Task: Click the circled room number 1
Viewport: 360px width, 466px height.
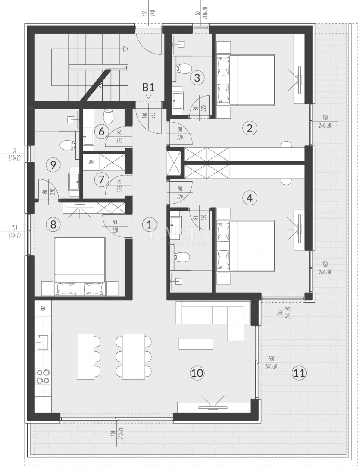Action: click(149, 224)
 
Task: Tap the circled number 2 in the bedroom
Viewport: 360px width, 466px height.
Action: click(249, 128)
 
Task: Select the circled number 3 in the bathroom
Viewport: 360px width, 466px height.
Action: click(197, 78)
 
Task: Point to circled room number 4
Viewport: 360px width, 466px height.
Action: click(249, 198)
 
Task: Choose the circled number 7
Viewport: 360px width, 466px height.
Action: click(101, 179)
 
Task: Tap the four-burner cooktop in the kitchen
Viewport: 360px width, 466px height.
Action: click(43, 376)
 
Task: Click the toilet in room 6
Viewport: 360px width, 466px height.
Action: click(108, 115)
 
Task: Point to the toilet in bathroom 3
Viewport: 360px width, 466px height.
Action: click(185, 68)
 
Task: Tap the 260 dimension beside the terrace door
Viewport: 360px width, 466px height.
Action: click(271, 359)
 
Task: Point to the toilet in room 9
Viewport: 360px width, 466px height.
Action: click(67, 145)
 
